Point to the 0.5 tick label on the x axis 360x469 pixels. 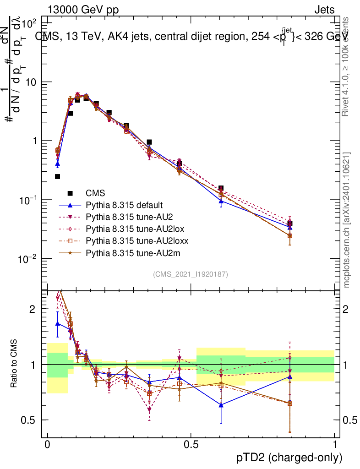coord(191,445)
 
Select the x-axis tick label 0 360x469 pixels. coord(48,445)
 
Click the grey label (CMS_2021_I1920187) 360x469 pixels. coord(191,274)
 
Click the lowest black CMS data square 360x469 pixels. coord(58,176)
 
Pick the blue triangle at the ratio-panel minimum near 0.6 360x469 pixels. coord(221,405)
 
